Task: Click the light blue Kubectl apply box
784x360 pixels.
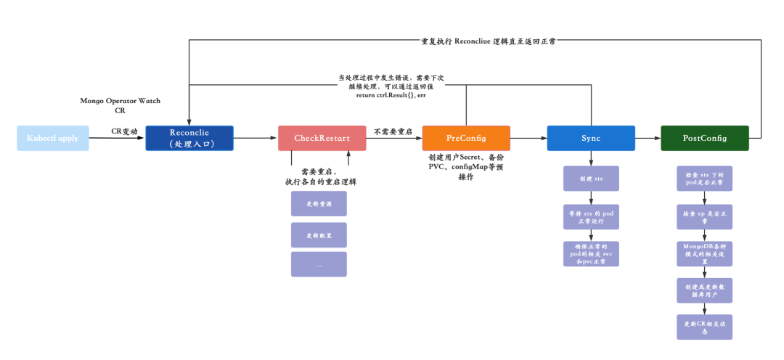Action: tap(53, 138)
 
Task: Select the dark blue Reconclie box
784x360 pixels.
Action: tap(189, 138)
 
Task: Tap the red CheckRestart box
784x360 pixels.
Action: tap(322, 138)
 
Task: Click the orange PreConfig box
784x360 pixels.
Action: tap(466, 138)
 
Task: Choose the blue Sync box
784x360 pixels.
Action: tap(591, 138)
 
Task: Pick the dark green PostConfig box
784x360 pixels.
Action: tap(704, 138)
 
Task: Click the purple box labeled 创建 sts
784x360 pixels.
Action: tap(591, 179)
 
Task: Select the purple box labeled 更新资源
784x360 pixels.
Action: tap(319, 204)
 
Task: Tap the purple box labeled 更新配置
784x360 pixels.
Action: tap(319, 235)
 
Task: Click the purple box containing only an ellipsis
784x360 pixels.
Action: tap(319, 264)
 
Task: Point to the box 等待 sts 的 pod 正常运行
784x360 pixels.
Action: tap(591, 216)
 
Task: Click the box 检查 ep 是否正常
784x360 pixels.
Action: tap(704, 216)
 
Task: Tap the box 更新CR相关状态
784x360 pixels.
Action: tap(704, 327)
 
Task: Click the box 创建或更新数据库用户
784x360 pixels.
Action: tap(704, 290)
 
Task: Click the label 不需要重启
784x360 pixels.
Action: tap(393, 131)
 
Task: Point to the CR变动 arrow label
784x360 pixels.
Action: tap(124, 131)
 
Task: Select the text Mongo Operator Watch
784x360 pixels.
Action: tap(120, 101)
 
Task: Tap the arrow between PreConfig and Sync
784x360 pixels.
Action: tap(528, 138)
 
